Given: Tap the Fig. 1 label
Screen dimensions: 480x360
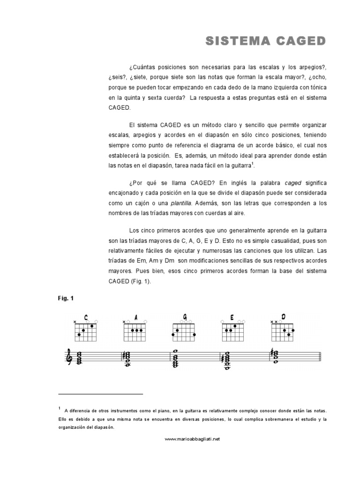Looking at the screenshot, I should click(x=66, y=298).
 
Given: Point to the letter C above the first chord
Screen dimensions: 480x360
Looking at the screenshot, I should click(x=86, y=317).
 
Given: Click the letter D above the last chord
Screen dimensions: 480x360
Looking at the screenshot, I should click(x=284, y=316).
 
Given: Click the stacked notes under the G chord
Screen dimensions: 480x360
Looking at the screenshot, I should click(x=175, y=358).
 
